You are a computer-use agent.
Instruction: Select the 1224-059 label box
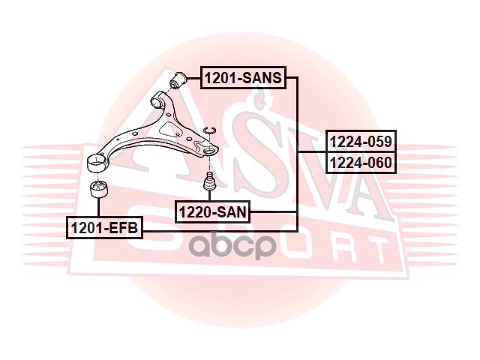click(360, 141)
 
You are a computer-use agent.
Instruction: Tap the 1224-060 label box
click(360, 162)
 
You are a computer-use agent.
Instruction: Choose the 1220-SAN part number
click(212, 212)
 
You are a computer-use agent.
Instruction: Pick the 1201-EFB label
click(104, 227)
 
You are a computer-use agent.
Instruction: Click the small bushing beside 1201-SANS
click(180, 78)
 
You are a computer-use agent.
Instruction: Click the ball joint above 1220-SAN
click(210, 181)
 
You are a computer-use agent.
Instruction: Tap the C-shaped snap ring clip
click(211, 133)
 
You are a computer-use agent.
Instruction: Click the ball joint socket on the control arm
click(211, 151)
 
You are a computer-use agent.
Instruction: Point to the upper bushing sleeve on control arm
click(159, 99)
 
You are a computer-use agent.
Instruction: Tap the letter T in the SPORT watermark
click(367, 247)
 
